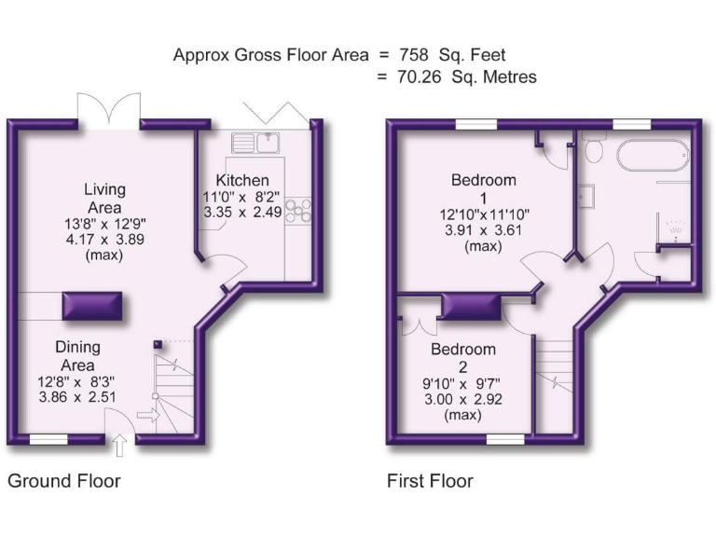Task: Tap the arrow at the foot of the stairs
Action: tap(145, 415)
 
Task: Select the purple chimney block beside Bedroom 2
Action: tap(470, 306)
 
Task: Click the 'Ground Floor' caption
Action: tap(64, 481)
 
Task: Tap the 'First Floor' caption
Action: tap(430, 481)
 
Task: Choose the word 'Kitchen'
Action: tap(242, 180)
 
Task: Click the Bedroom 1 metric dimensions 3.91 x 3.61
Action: tap(484, 230)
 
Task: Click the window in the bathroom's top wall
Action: tap(631, 124)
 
